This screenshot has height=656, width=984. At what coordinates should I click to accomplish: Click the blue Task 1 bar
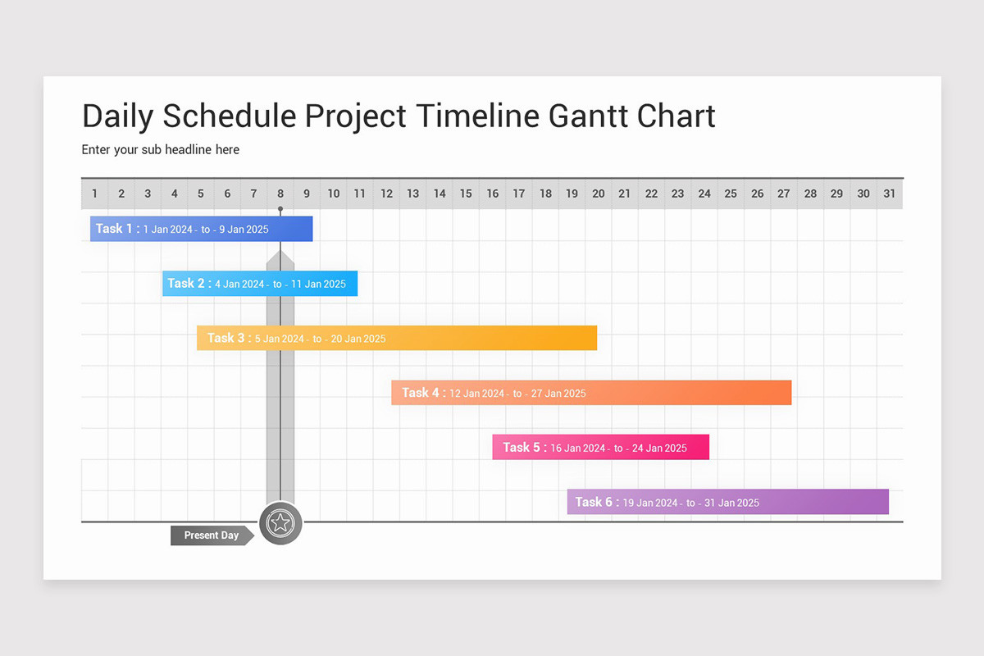pos(201,229)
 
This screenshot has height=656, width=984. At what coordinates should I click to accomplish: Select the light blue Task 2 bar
pos(260,284)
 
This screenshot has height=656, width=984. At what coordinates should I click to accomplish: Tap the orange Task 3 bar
pos(397,338)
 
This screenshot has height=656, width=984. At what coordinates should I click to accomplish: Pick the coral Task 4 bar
pos(591,392)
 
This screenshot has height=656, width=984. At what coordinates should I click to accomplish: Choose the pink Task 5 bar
pos(600,447)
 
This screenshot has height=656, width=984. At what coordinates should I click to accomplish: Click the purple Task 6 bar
pos(728,502)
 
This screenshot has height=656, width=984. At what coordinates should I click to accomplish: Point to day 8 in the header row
pos(280,194)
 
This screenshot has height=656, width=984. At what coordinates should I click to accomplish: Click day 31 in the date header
pos(890,194)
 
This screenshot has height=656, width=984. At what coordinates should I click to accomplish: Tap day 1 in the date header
pos(94,194)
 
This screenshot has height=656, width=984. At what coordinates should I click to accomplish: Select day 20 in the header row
pos(599,194)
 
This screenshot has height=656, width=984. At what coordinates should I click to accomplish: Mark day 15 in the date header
pos(466,194)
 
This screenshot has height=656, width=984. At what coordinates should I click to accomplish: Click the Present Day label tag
pos(212,535)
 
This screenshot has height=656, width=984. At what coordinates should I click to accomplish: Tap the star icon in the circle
pos(280,523)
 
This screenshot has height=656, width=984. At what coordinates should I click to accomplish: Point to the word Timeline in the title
pos(477,116)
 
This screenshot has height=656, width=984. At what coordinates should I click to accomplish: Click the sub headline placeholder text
pos(161,150)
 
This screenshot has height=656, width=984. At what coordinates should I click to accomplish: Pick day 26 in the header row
pos(758,194)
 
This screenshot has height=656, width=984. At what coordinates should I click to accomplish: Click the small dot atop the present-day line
pos(280,209)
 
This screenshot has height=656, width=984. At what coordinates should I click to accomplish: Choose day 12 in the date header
pos(386,194)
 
